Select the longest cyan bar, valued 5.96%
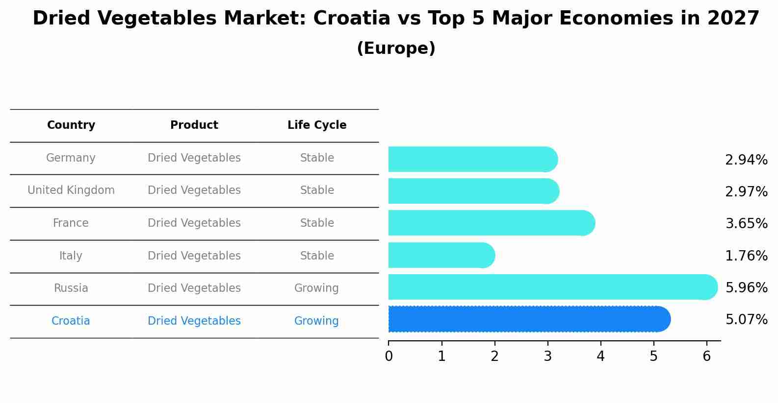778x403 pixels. point(552,287)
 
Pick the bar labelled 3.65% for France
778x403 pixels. point(491,223)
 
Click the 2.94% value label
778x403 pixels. point(746,160)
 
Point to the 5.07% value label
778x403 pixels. point(746,320)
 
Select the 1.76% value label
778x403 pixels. point(746,256)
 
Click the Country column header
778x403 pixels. point(71,125)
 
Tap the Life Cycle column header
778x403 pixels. point(317,125)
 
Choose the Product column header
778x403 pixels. point(194,125)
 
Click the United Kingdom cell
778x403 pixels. point(71,190)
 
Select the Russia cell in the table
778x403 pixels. point(71,288)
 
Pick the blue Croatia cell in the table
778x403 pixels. point(71,321)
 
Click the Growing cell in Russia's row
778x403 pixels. point(316,288)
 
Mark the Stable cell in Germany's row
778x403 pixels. point(317,158)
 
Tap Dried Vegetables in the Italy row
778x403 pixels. point(194,256)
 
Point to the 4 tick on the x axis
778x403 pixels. point(600,356)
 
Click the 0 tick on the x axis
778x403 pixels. point(389,356)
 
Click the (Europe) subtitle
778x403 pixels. point(396,48)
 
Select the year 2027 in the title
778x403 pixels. point(733,19)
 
